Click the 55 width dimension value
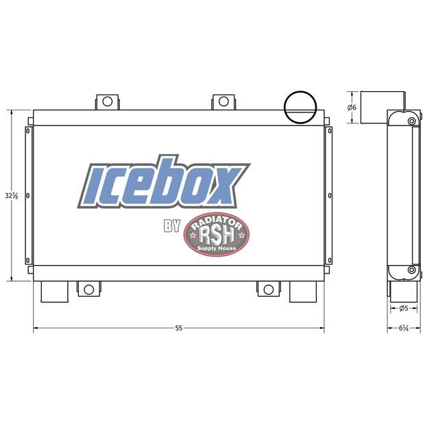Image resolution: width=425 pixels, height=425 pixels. (179, 328)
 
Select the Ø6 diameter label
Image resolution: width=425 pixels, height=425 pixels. (352, 108)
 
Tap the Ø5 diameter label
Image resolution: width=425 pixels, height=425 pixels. (403, 308)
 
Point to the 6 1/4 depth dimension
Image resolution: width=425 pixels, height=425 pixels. (403, 328)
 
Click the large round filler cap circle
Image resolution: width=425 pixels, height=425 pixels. (300, 106)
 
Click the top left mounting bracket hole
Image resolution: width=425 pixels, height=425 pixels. (107, 102)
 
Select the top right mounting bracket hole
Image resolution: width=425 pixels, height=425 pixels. (223, 102)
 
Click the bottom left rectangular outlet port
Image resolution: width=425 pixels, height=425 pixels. (54, 291)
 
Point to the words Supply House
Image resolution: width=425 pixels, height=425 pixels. (217, 247)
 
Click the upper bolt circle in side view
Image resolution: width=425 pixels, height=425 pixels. (411, 121)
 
